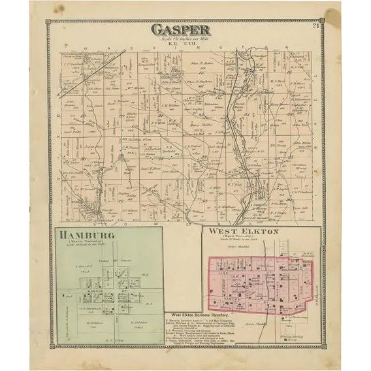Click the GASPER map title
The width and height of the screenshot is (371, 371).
coord(181,29)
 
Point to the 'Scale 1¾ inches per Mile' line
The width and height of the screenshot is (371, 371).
coord(181,38)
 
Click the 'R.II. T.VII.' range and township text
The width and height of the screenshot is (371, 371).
coord(181,43)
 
